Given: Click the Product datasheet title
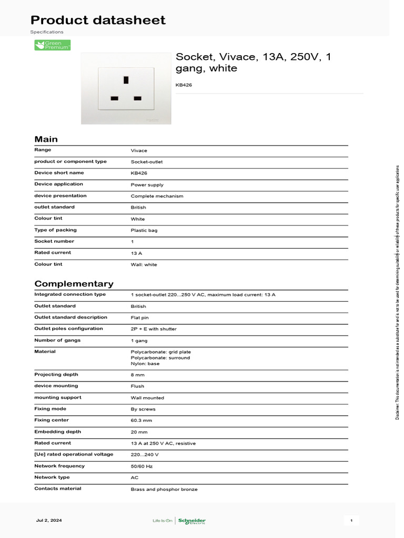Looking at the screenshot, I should pos(98,20).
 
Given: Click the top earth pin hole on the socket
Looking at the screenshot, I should pos(126,80).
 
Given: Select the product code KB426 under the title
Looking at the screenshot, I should pos(184,85).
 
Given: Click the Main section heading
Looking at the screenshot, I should pos(46,139).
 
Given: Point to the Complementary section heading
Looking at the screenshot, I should pos(74,284).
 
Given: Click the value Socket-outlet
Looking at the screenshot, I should pos(147,162).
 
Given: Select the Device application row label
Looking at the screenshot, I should pos(58,184).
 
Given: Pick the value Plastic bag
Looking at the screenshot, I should pos(144,230).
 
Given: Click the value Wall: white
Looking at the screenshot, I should pos(144,265).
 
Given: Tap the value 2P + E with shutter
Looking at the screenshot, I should pos(154,329).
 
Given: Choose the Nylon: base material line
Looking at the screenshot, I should pos(145,364).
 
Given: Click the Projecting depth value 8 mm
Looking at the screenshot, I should pos(137,375).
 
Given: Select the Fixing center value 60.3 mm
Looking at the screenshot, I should pos(141,421).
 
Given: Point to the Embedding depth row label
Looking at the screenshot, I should pos(58,432).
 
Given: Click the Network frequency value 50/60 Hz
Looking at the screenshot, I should pos(142,467).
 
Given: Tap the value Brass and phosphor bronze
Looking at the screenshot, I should pos(164,489).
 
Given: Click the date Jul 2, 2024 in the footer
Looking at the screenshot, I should pos(49,521).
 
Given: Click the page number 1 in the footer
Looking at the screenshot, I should pos(351,521).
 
